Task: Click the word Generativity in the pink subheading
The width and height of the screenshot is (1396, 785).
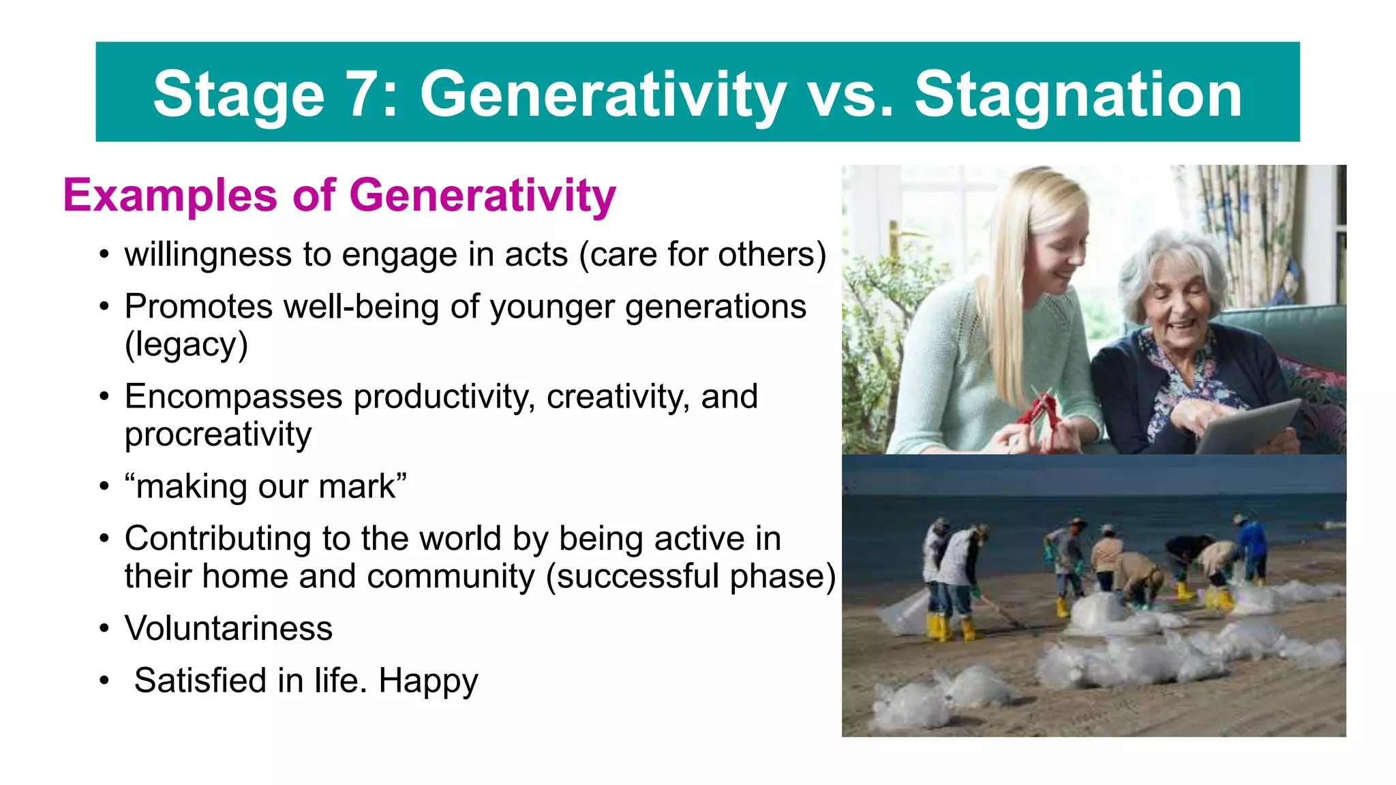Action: pyautogui.click(x=483, y=196)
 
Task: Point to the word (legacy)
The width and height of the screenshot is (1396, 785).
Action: pyautogui.click(x=185, y=345)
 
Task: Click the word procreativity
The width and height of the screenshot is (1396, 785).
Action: pyautogui.click(x=217, y=435)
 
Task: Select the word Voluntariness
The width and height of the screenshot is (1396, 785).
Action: pyautogui.click(x=228, y=628)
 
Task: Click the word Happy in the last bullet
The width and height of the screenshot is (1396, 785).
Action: pyautogui.click(x=428, y=681)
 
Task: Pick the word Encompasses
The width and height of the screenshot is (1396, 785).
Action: pyautogui.click(x=233, y=397)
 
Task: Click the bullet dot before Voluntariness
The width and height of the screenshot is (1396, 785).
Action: pyautogui.click(x=104, y=628)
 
